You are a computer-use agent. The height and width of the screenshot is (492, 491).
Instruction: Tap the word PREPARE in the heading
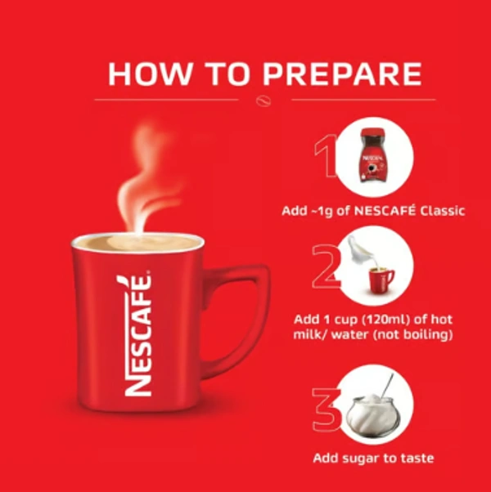click(342, 74)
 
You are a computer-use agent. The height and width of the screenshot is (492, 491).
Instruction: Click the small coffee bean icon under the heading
click(263, 101)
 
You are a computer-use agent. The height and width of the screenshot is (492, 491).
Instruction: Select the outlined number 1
click(326, 156)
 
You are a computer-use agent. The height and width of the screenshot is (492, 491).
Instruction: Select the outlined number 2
click(326, 266)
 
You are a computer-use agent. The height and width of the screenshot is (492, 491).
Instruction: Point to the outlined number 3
click(326, 409)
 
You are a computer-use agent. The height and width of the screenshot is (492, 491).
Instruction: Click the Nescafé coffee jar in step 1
click(373, 155)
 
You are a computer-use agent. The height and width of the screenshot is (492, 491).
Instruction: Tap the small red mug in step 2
click(381, 280)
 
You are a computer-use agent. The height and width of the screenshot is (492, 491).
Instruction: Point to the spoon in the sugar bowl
click(387, 387)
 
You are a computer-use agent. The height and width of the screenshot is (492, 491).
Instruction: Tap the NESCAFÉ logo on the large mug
click(138, 335)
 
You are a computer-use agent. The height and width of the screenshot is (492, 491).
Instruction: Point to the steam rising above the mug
click(147, 179)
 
